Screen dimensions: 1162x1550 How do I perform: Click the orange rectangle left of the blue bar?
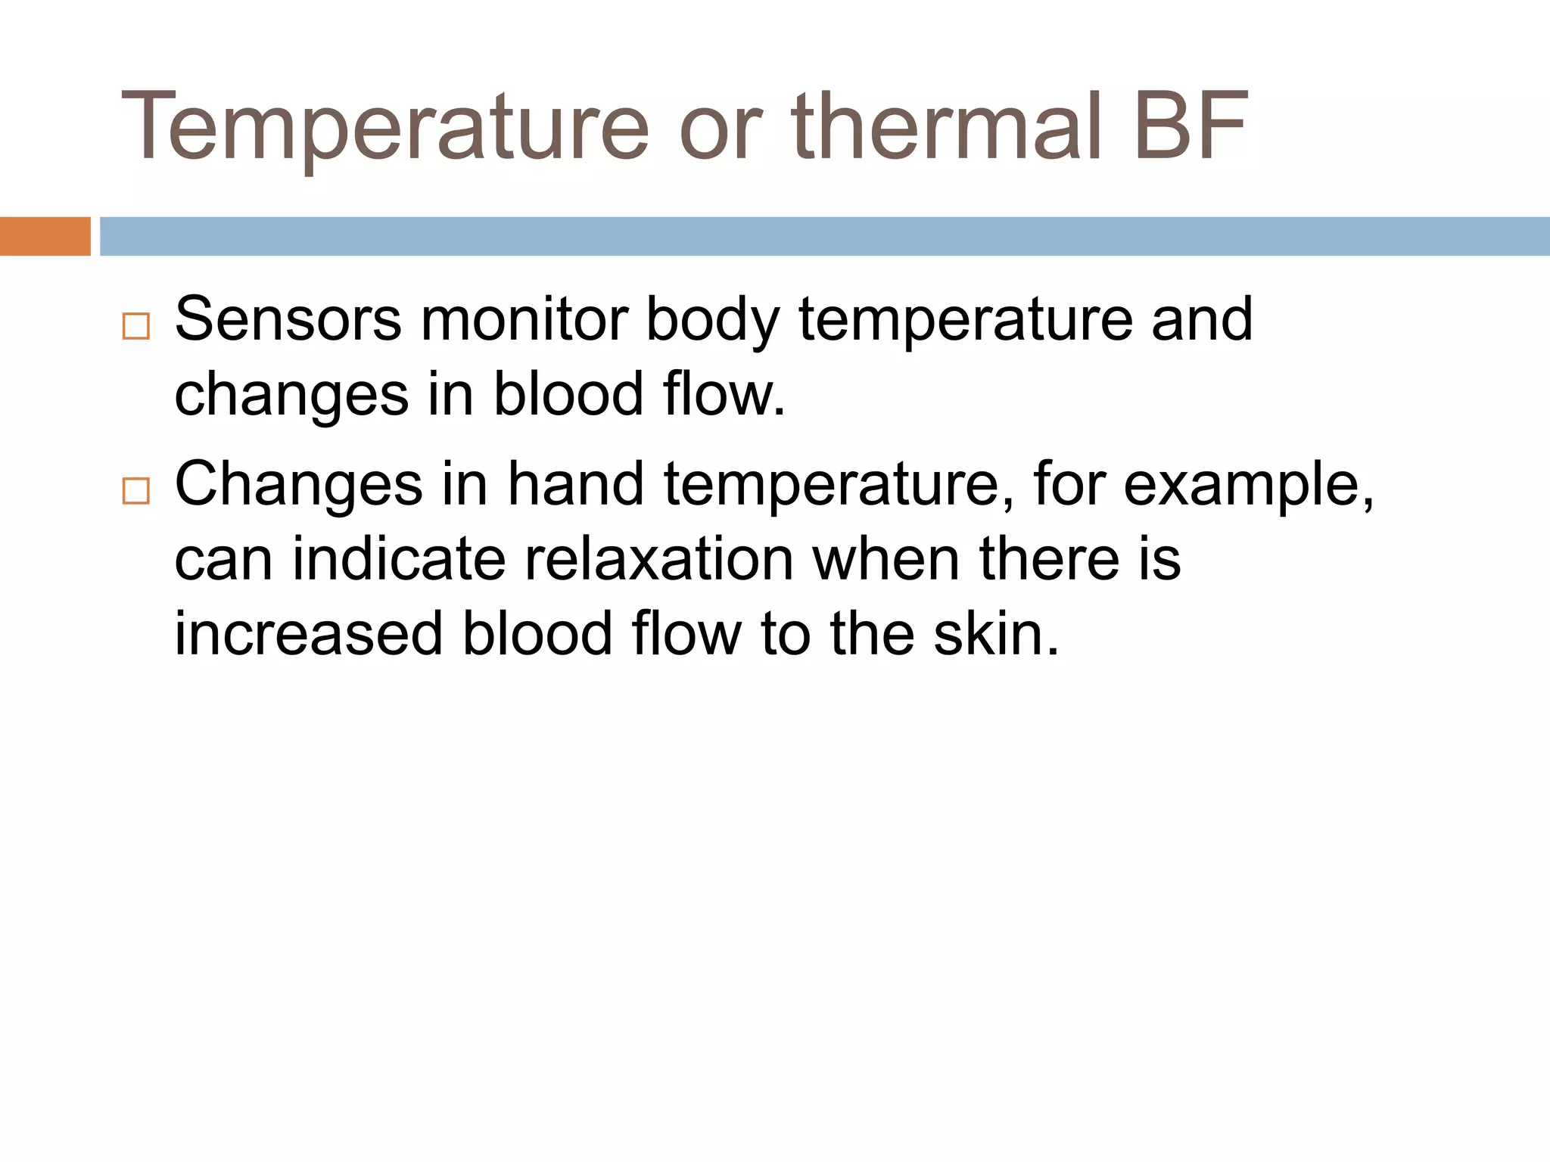click(45, 236)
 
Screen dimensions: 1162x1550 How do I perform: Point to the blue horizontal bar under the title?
click(824, 236)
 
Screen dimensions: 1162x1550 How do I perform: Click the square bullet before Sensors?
click(136, 326)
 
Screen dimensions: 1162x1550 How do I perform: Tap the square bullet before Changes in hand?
click(136, 491)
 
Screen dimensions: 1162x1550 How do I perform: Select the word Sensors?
click(288, 319)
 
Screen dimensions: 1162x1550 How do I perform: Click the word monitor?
click(524, 319)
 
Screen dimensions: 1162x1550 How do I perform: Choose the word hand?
click(575, 484)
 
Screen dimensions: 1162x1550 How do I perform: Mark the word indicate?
click(399, 559)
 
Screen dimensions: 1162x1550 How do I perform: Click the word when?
click(886, 559)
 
